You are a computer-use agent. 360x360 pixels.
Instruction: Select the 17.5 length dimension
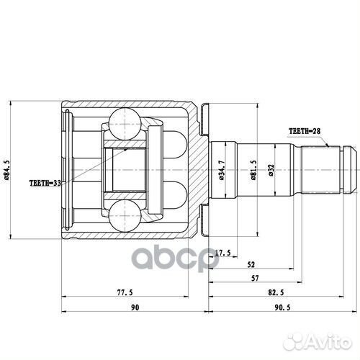[x=224, y=252]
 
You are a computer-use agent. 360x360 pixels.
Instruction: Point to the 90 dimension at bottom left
[x=134, y=307]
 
